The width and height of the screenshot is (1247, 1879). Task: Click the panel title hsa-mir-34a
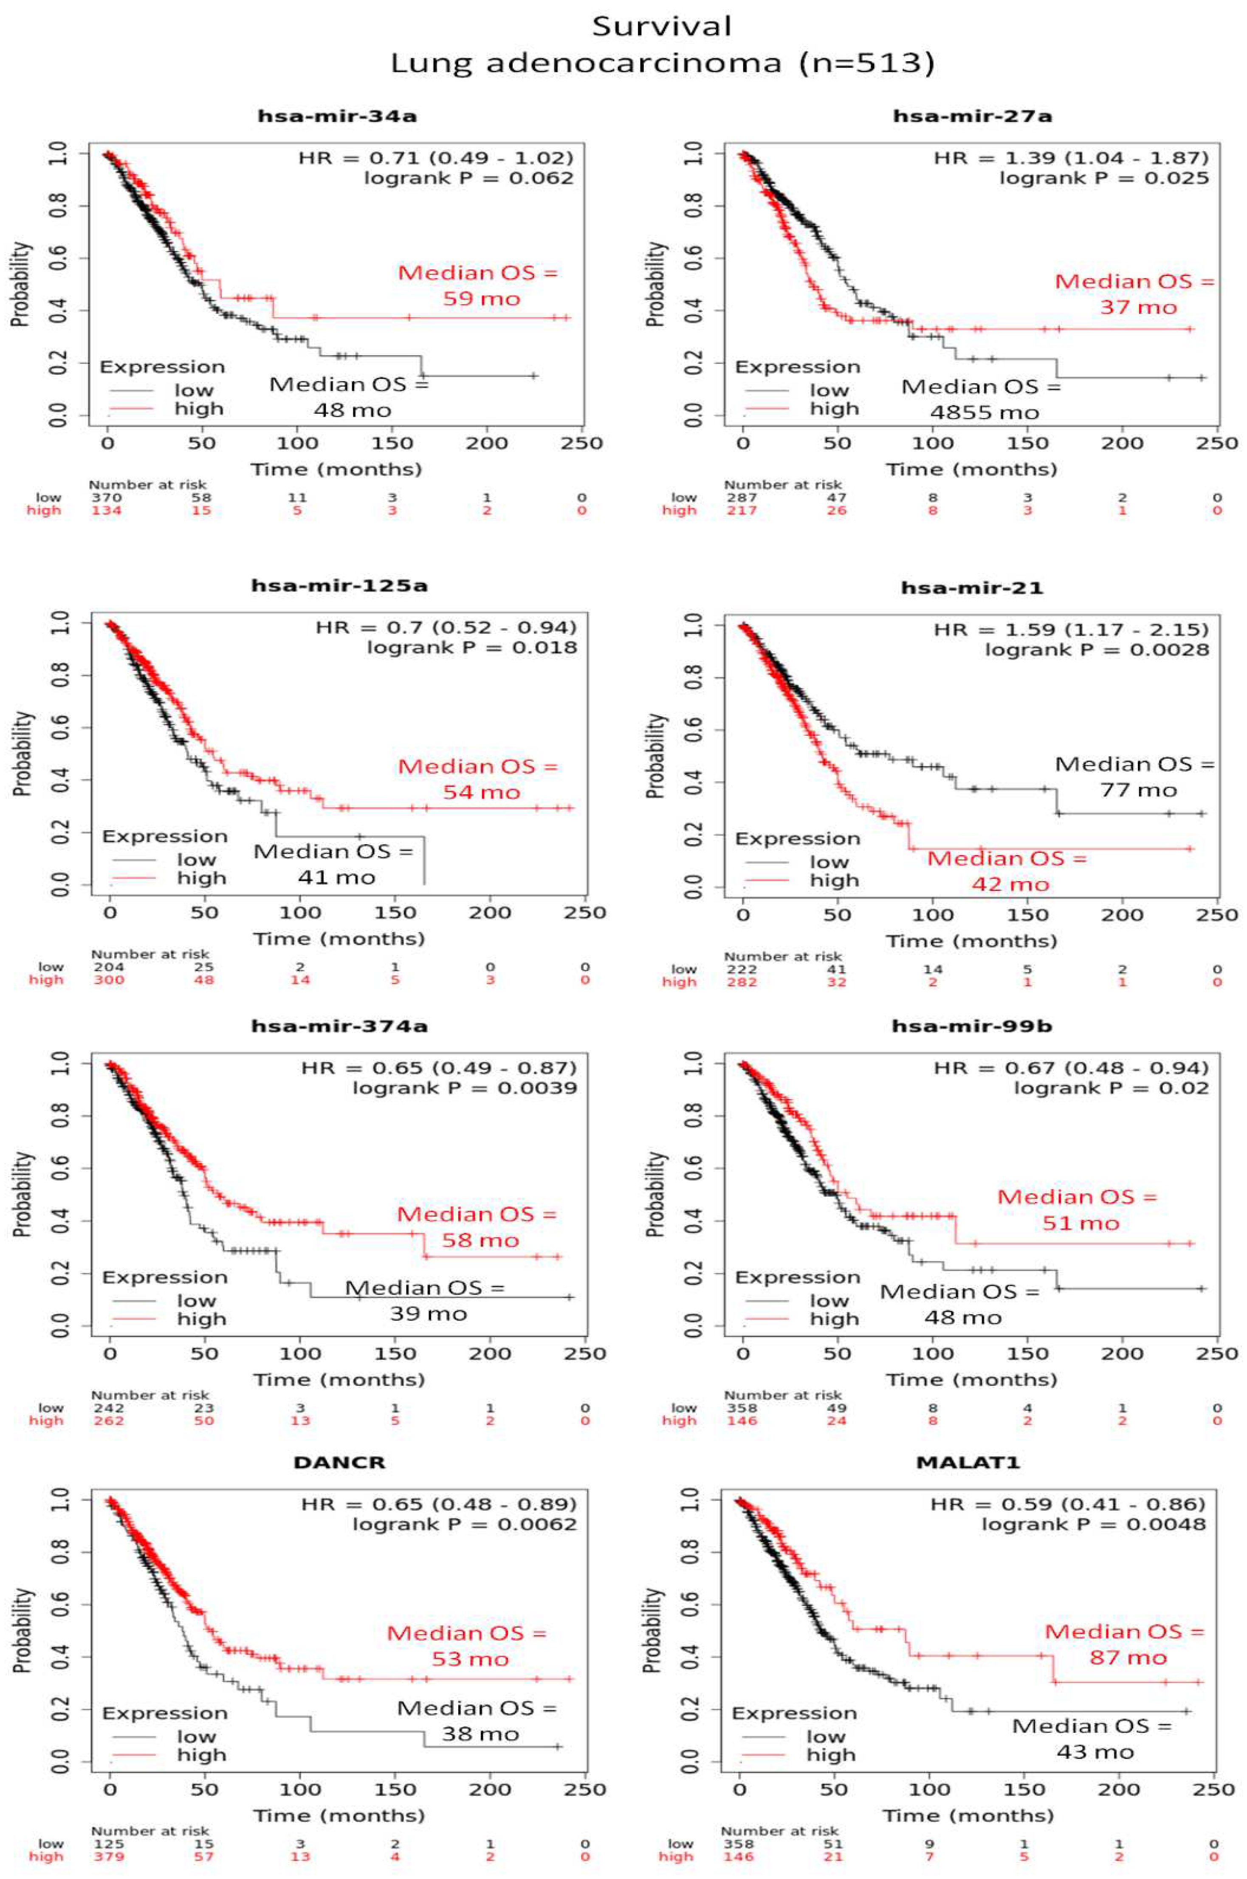point(337,116)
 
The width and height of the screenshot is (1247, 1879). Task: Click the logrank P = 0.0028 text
point(1097,650)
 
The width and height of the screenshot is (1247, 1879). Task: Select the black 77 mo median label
point(1138,790)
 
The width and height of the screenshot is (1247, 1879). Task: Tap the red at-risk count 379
point(108,1857)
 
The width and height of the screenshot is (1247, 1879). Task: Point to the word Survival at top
point(662,26)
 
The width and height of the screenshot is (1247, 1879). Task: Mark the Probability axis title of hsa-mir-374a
point(22,1193)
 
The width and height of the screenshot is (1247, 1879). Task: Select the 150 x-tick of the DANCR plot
point(395,1790)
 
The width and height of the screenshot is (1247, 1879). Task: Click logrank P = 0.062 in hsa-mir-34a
point(468,178)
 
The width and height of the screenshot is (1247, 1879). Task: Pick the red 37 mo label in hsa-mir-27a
point(1138,307)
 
